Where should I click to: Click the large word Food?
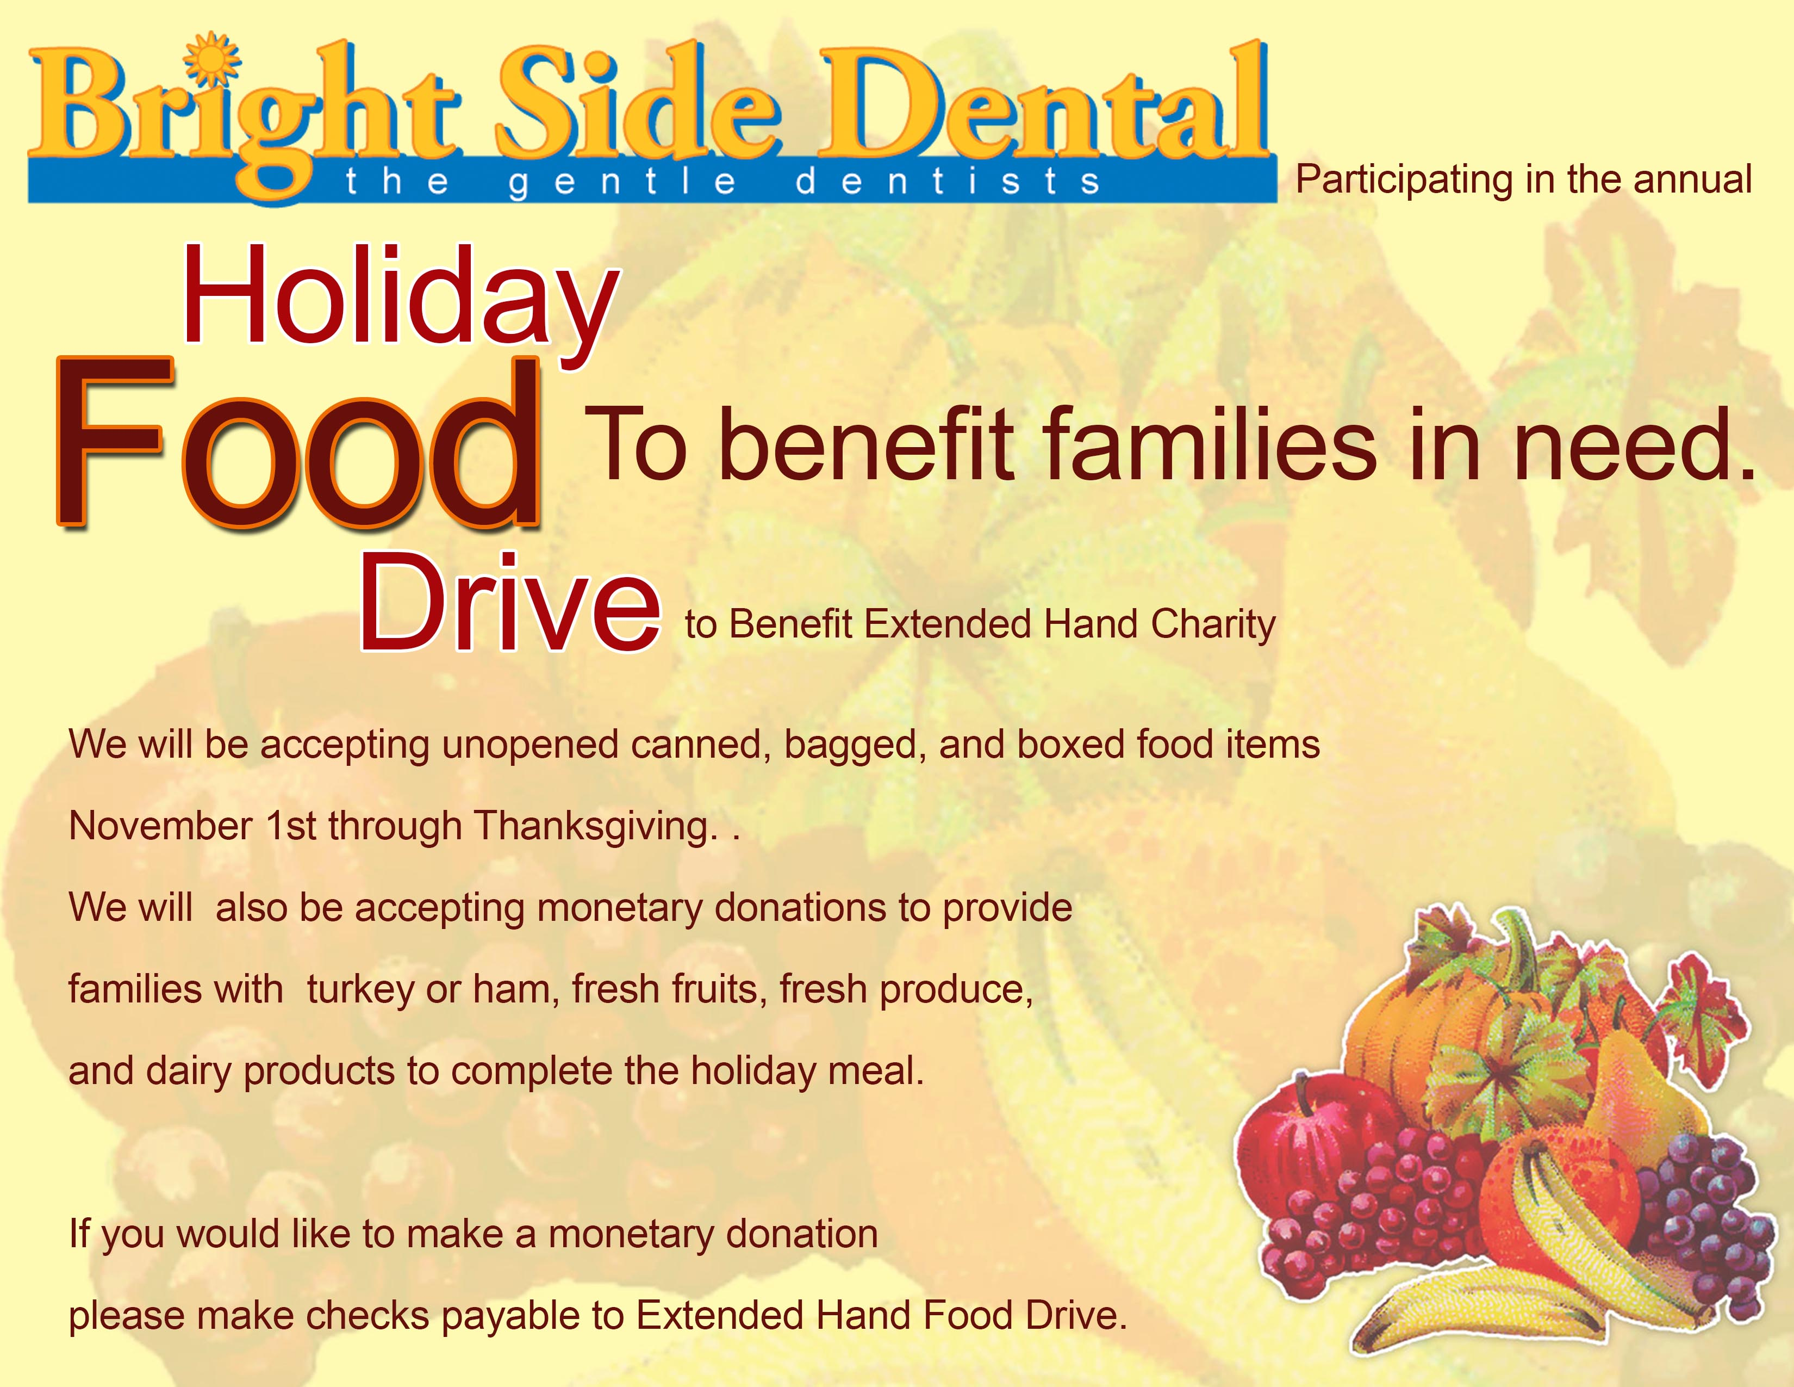[x=298, y=443]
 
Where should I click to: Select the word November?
[x=161, y=826]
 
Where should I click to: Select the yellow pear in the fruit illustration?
[x=1635, y=1085]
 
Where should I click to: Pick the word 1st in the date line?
[x=291, y=826]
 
